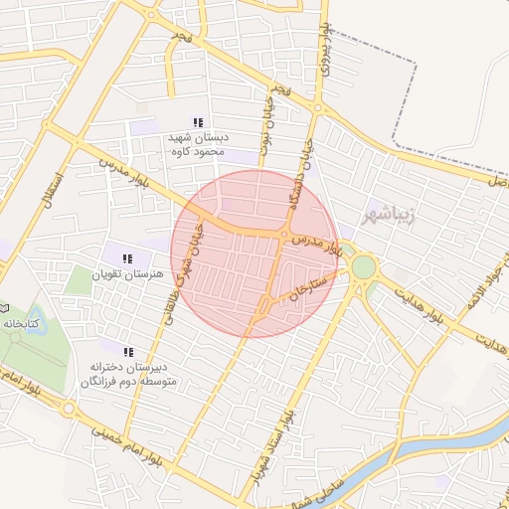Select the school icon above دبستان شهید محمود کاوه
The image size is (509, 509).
coord(197,122)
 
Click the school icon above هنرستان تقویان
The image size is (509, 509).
coord(127,258)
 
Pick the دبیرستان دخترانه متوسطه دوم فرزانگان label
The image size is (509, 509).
coord(126,374)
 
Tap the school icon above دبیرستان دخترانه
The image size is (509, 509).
coord(127,352)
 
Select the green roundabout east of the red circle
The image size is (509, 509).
coord(364,266)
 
